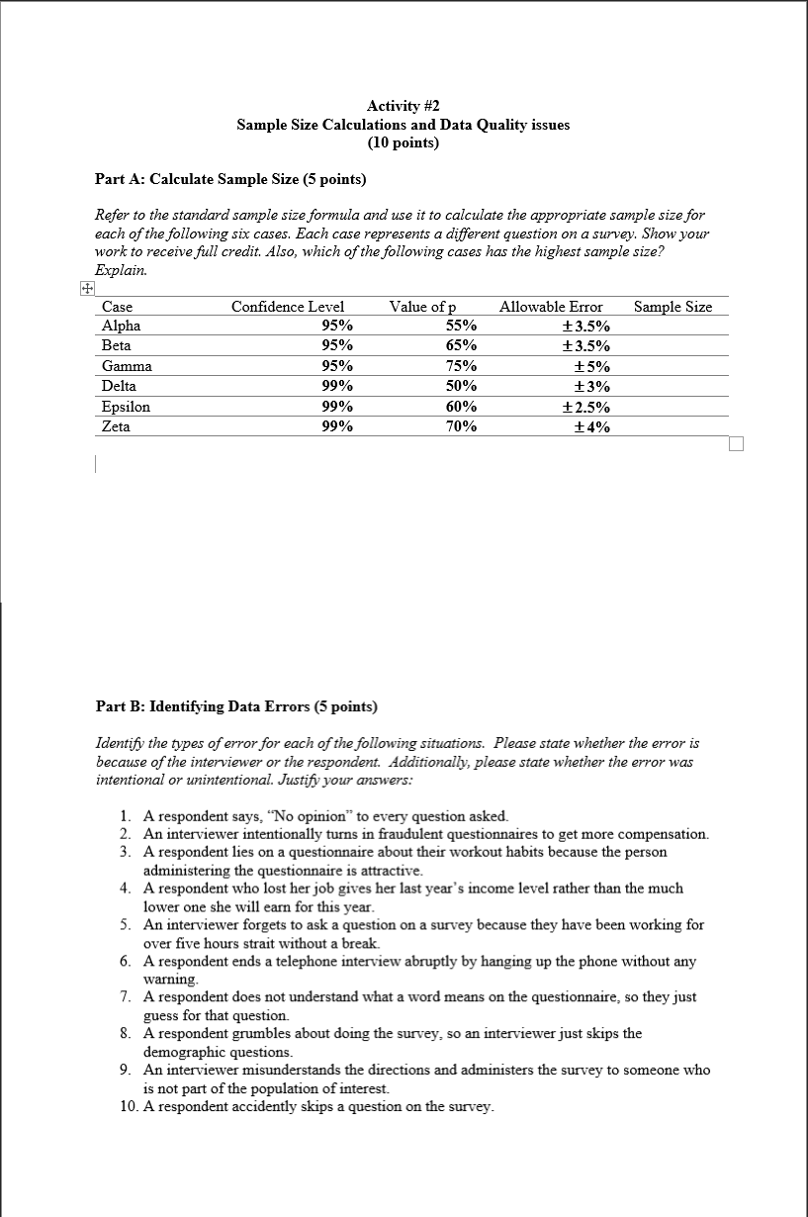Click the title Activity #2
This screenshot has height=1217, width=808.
(x=403, y=106)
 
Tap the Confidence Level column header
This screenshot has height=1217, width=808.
(x=287, y=307)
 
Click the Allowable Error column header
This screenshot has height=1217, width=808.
(x=551, y=307)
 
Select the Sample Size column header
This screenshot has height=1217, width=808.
(x=673, y=307)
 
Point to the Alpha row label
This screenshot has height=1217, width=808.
(x=121, y=326)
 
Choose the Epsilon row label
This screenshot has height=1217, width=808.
(x=126, y=407)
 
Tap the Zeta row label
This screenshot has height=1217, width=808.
(x=116, y=426)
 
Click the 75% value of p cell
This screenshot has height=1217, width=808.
(x=461, y=366)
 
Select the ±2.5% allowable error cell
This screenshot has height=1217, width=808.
(x=585, y=407)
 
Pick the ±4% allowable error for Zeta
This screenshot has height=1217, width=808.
(x=592, y=426)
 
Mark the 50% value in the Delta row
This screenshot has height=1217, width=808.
(x=461, y=386)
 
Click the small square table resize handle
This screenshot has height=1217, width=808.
(x=734, y=442)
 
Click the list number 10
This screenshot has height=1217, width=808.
(x=127, y=1106)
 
